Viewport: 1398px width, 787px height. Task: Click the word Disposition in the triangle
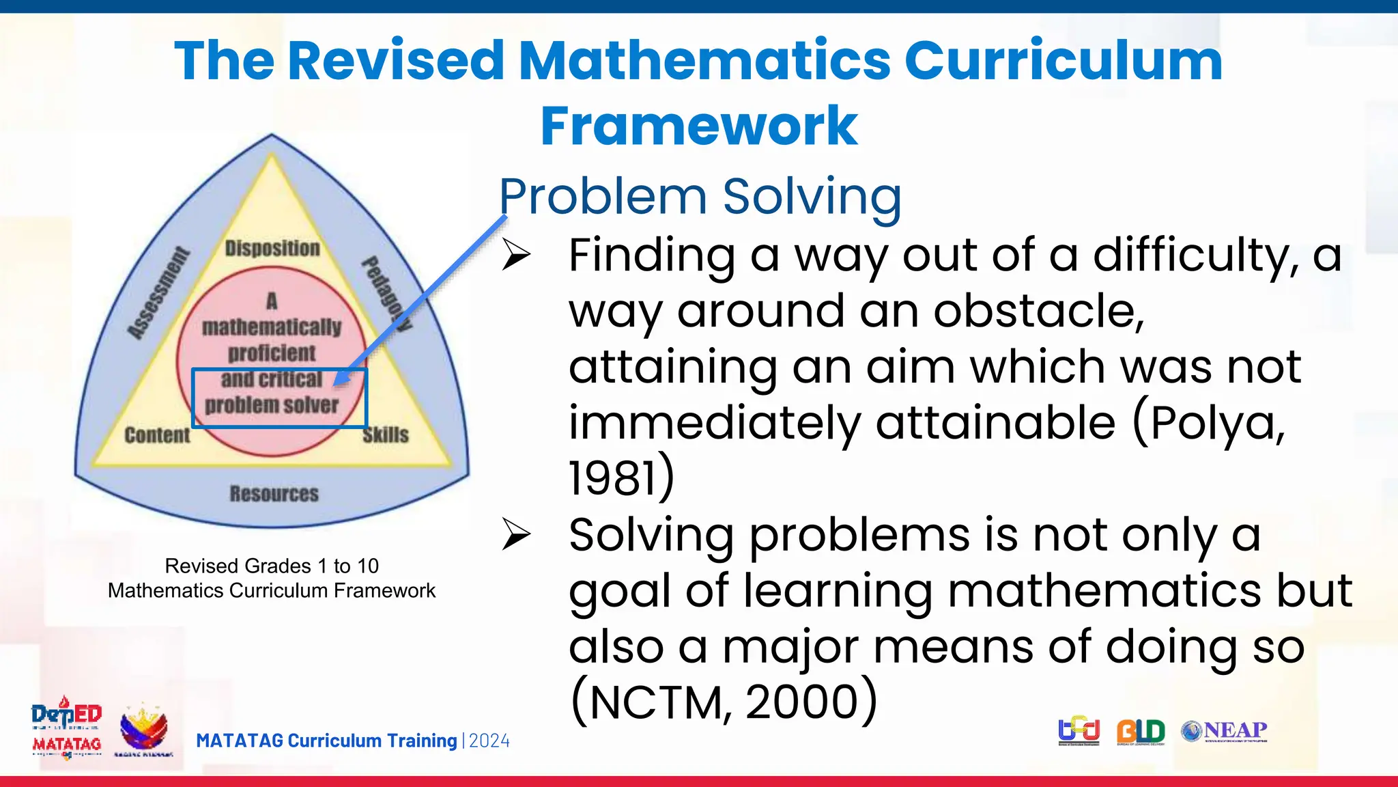[x=272, y=248]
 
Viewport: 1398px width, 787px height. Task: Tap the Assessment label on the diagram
[x=158, y=294]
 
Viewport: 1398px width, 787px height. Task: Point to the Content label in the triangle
[x=157, y=435]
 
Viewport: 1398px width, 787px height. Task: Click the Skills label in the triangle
[x=386, y=434]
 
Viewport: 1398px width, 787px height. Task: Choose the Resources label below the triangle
[x=274, y=493]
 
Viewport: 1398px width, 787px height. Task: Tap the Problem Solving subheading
[x=700, y=197]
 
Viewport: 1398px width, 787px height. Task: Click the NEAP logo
[x=1225, y=731]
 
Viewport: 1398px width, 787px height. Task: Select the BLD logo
[x=1141, y=732]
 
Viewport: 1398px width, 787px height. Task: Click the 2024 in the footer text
[x=489, y=741]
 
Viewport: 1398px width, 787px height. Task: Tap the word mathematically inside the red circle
[x=272, y=327]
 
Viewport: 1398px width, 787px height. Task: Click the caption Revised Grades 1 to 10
[x=272, y=566]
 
